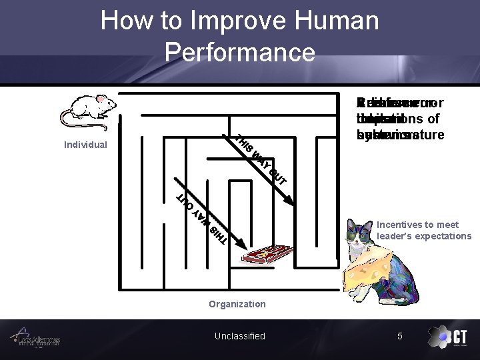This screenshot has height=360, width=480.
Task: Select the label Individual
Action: tap(85, 145)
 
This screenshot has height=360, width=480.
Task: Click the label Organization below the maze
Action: tap(237, 304)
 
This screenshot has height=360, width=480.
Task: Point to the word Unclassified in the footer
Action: tap(239, 336)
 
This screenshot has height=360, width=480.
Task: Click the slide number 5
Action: tap(400, 336)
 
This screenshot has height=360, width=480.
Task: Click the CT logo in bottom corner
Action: tap(447, 337)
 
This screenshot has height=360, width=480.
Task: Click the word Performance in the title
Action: tap(239, 51)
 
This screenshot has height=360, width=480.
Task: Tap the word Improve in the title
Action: tap(223, 21)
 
